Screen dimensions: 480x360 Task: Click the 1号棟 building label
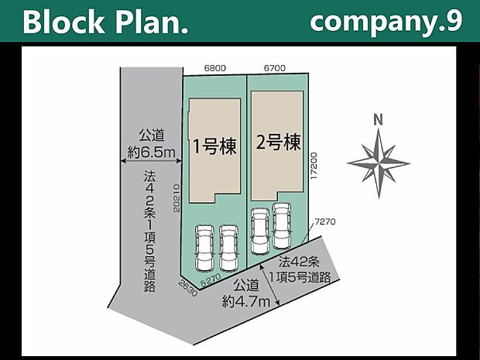tap(215, 146)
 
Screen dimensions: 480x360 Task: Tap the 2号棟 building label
tap(278, 142)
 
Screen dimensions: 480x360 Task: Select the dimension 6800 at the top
tap(215, 68)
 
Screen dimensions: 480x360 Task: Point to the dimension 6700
tap(275, 68)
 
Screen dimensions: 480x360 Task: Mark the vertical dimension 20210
tap(177, 198)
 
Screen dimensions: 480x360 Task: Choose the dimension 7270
tap(325, 221)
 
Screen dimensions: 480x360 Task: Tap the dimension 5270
tap(211, 281)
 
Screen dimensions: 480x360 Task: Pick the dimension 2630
tap(188, 288)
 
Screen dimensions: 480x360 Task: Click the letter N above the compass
tap(379, 120)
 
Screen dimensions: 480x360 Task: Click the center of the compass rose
tap(379, 163)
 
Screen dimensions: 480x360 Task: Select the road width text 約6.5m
tap(151, 153)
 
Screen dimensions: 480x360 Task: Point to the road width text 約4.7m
tap(246, 303)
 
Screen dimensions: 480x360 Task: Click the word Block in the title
tap(63, 22)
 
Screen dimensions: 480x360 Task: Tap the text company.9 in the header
tap(386, 21)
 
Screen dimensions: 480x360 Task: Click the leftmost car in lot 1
tap(205, 248)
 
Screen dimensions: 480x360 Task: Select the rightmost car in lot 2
tap(282, 226)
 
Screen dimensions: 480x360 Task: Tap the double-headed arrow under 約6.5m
tap(151, 161)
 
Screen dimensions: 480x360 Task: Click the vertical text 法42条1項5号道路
tap(149, 231)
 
